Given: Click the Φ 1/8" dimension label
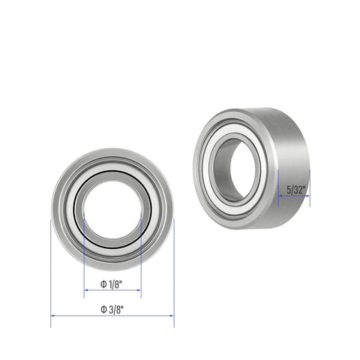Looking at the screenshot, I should (x=112, y=284).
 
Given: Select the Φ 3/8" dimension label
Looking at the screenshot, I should (x=112, y=308).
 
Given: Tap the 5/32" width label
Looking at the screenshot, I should (x=293, y=191).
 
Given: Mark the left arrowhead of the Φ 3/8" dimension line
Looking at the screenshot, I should (x=53, y=316).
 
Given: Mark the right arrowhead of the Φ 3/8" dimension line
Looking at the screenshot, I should (x=172, y=316).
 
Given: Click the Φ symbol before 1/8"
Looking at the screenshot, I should (x=103, y=284).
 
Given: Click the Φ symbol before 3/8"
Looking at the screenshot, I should (x=103, y=308).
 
